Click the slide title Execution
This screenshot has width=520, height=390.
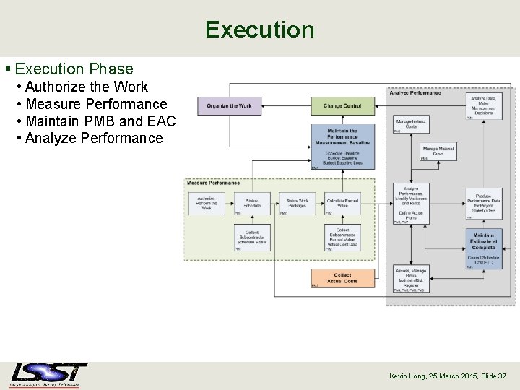259,30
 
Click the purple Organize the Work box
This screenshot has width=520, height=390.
229,106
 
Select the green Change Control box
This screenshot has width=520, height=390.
342,106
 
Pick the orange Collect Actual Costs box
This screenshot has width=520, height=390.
342,278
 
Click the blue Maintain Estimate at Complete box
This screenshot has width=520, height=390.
483,248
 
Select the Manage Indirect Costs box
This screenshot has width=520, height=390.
411,125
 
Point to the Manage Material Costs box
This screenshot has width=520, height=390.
438,152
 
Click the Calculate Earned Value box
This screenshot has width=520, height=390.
342,204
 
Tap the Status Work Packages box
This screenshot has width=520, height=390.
297,204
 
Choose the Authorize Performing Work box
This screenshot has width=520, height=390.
207,204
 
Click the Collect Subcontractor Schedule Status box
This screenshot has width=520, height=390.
252,238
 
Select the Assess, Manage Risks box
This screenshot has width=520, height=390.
411,278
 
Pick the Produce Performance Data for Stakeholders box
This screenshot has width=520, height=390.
483,203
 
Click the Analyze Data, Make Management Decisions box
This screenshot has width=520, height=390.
483,105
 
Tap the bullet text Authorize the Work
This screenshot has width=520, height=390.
86,87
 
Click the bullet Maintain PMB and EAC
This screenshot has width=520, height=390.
100,121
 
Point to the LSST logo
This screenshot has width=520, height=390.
48,374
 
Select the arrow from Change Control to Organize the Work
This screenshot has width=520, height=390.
286,106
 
